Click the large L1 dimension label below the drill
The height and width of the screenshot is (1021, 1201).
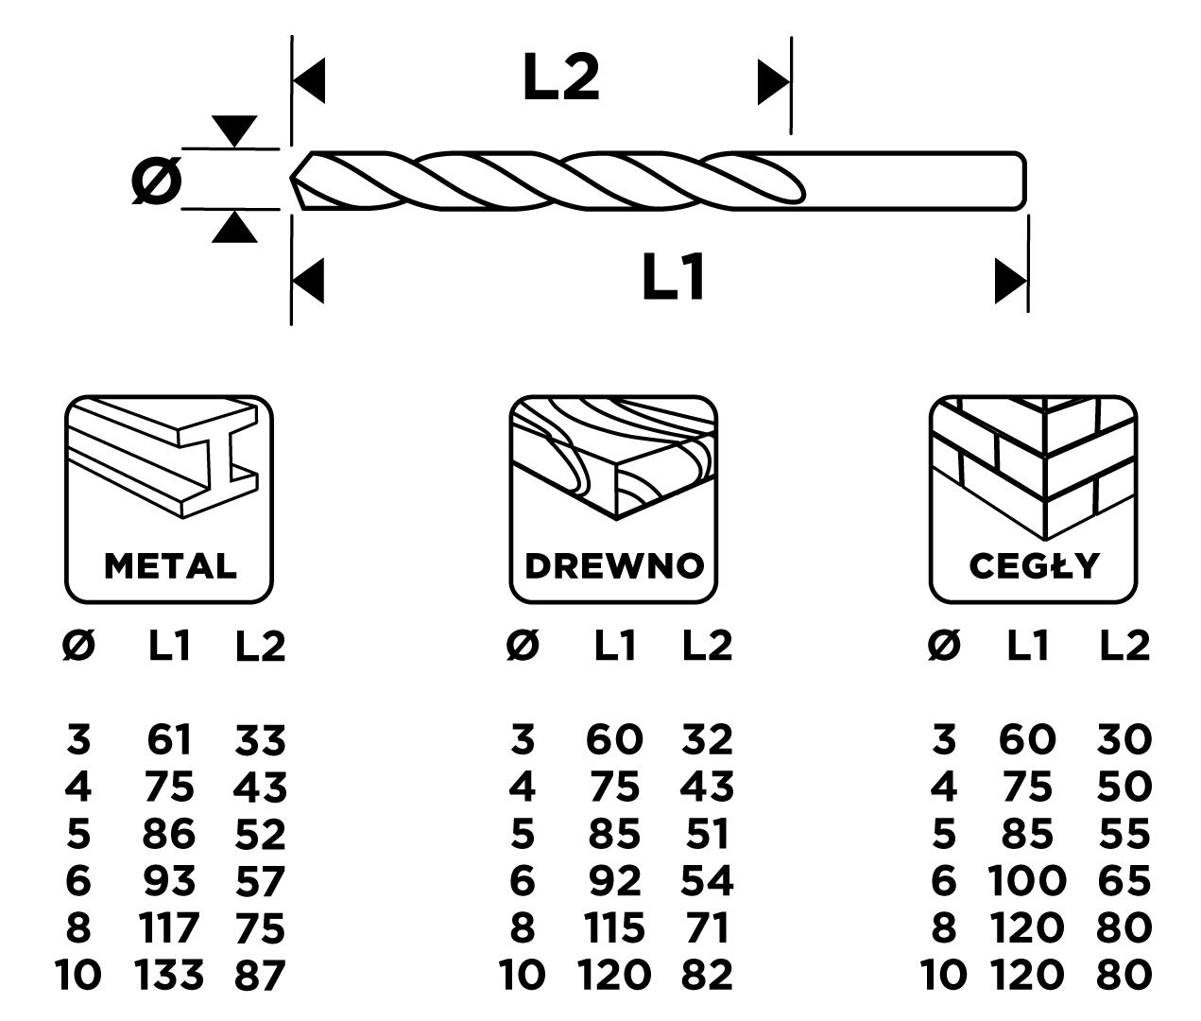674,278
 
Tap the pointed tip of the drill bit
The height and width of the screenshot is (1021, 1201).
293,178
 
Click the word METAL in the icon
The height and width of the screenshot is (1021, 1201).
170,565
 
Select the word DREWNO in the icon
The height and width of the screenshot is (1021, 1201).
614,565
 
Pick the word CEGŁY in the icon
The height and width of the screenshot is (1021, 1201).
1034,565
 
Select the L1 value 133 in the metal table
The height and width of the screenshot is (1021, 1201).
169,974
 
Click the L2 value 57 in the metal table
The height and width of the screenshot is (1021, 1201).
260,881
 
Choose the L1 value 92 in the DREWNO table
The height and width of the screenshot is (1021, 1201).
615,881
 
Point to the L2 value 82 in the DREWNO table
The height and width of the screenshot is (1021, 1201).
707,974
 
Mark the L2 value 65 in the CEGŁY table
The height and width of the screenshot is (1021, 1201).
1125,881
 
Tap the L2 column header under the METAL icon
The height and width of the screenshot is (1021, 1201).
260,647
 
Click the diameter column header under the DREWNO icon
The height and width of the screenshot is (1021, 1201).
523,647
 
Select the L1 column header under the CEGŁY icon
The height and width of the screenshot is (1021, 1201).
1028,647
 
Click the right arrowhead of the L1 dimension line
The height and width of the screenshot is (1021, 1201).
1011,281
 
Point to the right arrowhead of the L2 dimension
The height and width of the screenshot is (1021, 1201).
773,82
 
